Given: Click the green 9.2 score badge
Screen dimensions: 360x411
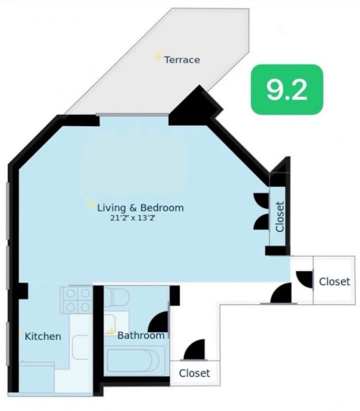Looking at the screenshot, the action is tap(287, 90).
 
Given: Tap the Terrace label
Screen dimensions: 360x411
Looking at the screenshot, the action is tap(182, 60).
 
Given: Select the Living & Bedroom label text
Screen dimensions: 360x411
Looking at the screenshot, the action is tap(140, 208).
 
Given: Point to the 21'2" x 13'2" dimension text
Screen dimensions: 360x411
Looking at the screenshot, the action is tap(133, 218).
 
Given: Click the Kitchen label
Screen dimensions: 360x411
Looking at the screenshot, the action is tap(43, 336).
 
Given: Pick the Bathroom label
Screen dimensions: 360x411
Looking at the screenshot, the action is tap(141, 335).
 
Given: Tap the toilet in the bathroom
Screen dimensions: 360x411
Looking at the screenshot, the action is tap(117, 298).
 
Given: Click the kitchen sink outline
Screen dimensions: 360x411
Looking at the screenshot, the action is tap(80, 347).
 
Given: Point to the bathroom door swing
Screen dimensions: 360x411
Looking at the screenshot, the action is tap(158, 321).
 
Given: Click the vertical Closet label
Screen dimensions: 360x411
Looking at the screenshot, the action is tap(280, 217).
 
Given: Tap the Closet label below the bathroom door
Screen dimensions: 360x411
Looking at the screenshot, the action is tap(194, 373).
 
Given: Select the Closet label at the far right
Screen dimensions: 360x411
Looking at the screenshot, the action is tap(335, 282).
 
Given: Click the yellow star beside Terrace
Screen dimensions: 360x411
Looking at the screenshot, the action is tap(158, 57).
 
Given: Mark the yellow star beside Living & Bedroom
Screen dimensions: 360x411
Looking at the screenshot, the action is tap(91, 204).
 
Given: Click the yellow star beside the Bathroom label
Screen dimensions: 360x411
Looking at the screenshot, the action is tap(112, 332).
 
